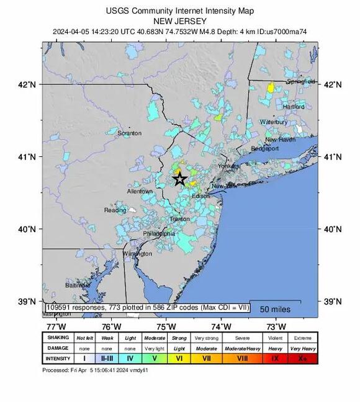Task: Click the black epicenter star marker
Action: [x=179, y=179]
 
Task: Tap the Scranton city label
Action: [x=130, y=133]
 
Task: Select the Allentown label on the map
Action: [x=140, y=192]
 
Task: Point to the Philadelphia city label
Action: [x=159, y=234]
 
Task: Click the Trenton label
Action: [x=179, y=219]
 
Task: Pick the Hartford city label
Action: [x=294, y=107]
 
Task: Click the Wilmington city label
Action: [x=137, y=254]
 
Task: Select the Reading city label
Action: [x=115, y=210]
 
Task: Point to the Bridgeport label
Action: [x=266, y=149]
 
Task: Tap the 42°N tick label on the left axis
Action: [x=28, y=84]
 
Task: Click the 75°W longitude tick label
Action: [x=166, y=326]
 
